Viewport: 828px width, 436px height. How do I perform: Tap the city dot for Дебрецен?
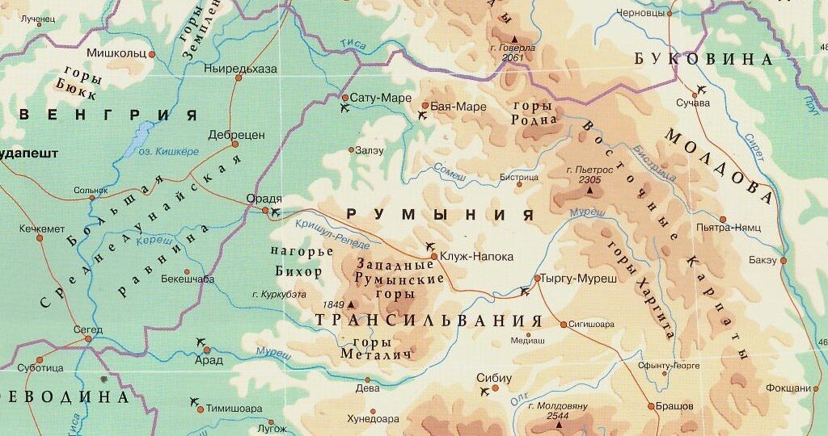click(x=235, y=145)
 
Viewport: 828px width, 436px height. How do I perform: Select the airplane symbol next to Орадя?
click(x=277, y=212)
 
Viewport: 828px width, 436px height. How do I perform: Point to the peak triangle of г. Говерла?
click(x=514, y=38)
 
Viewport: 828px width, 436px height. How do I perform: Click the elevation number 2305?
click(x=590, y=180)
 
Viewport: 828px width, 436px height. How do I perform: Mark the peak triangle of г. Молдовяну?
click(x=558, y=424)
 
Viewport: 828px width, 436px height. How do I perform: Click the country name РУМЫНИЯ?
click(x=441, y=215)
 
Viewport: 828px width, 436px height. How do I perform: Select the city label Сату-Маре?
click(x=381, y=99)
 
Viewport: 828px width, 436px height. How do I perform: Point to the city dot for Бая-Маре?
click(x=425, y=105)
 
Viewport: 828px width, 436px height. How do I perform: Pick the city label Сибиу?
click(x=494, y=376)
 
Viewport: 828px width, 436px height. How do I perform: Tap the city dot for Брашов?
click(x=651, y=406)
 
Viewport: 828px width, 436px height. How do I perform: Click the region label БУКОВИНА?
click(x=703, y=59)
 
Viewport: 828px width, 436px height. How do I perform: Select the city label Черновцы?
click(x=640, y=13)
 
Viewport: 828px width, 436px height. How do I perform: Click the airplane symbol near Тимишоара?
click(x=193, y=401)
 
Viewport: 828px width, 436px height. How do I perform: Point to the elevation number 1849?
click(x=334, y=304)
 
